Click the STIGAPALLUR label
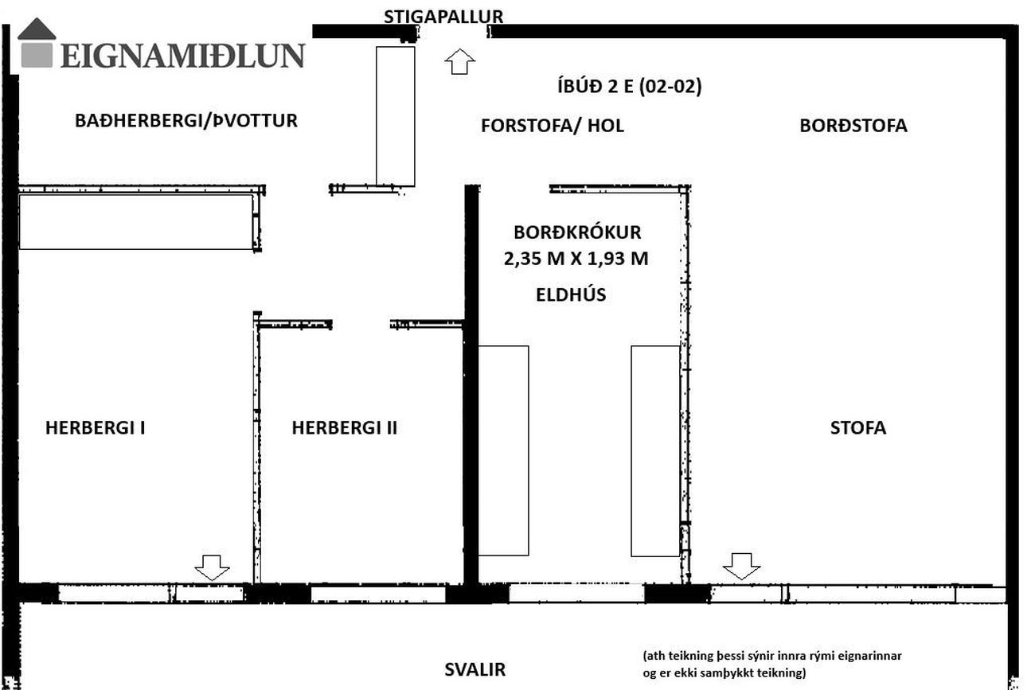click(443, 17)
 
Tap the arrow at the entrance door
click(459, 61)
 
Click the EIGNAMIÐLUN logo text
click(183, 56)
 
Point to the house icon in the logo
click(37, 43)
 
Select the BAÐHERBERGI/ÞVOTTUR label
click(186, 120)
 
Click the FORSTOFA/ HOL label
click(553, 126)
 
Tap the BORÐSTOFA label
click(853, 126)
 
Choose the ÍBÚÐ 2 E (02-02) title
click(629, 87)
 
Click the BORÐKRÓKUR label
click(577, 232)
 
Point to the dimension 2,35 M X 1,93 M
click(576, 259)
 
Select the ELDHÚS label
click(571, 294)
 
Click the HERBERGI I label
click(96, 427)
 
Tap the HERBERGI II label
click(345, 427)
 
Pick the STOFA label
click(858, 427)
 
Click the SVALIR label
click(475, 669)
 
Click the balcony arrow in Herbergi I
click(212, 567)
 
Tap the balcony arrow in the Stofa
click(741, 566)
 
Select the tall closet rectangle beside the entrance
click(396, 116)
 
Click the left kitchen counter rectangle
click(504, 450)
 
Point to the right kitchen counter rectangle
click(656, 450)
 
